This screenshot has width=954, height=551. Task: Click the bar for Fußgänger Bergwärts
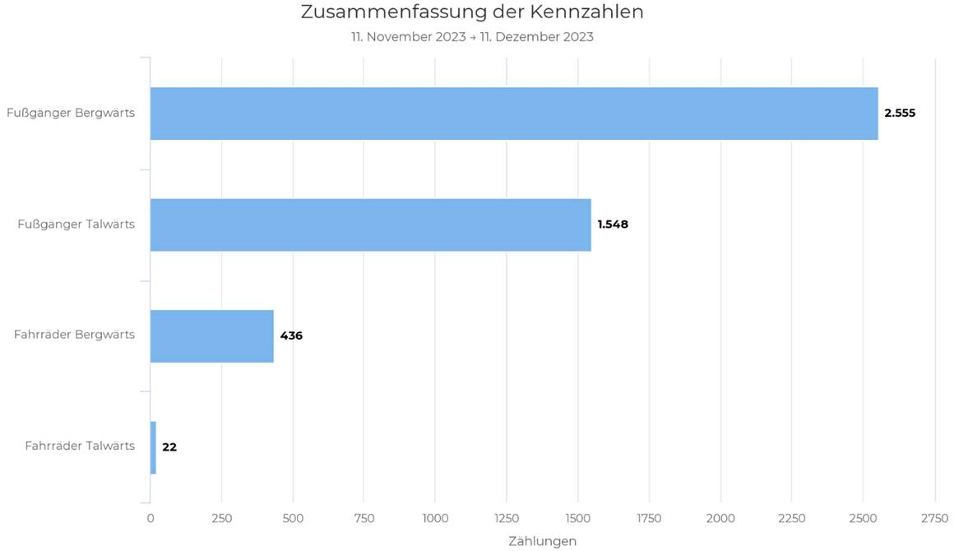(514, 113)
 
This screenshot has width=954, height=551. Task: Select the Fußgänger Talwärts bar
(370, 225)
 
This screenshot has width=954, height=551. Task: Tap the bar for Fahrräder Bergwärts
(212, 336)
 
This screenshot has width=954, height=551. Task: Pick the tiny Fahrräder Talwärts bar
(153, 447)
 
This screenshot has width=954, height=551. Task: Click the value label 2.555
(900, 113)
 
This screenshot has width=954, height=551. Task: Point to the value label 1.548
(613, 225)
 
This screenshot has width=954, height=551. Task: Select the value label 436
(291, 336)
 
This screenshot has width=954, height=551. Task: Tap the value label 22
(169, 447)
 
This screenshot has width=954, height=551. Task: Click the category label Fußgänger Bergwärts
(71, 113)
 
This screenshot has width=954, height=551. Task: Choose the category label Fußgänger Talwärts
(76, 224)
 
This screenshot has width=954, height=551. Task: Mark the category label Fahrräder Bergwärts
(74, 335)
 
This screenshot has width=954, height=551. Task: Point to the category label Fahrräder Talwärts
(80, 446)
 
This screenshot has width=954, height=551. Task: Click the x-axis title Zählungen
(542, 541)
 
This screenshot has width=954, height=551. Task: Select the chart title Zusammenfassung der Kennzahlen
(472, 12)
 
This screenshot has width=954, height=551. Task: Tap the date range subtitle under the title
(472, 37)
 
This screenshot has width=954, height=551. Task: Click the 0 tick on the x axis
(151, 518)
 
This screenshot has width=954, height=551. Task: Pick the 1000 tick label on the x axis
(435, 518)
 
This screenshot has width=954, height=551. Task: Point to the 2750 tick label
(934, 518)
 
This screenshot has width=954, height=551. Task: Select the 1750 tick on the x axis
(649, 518)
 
